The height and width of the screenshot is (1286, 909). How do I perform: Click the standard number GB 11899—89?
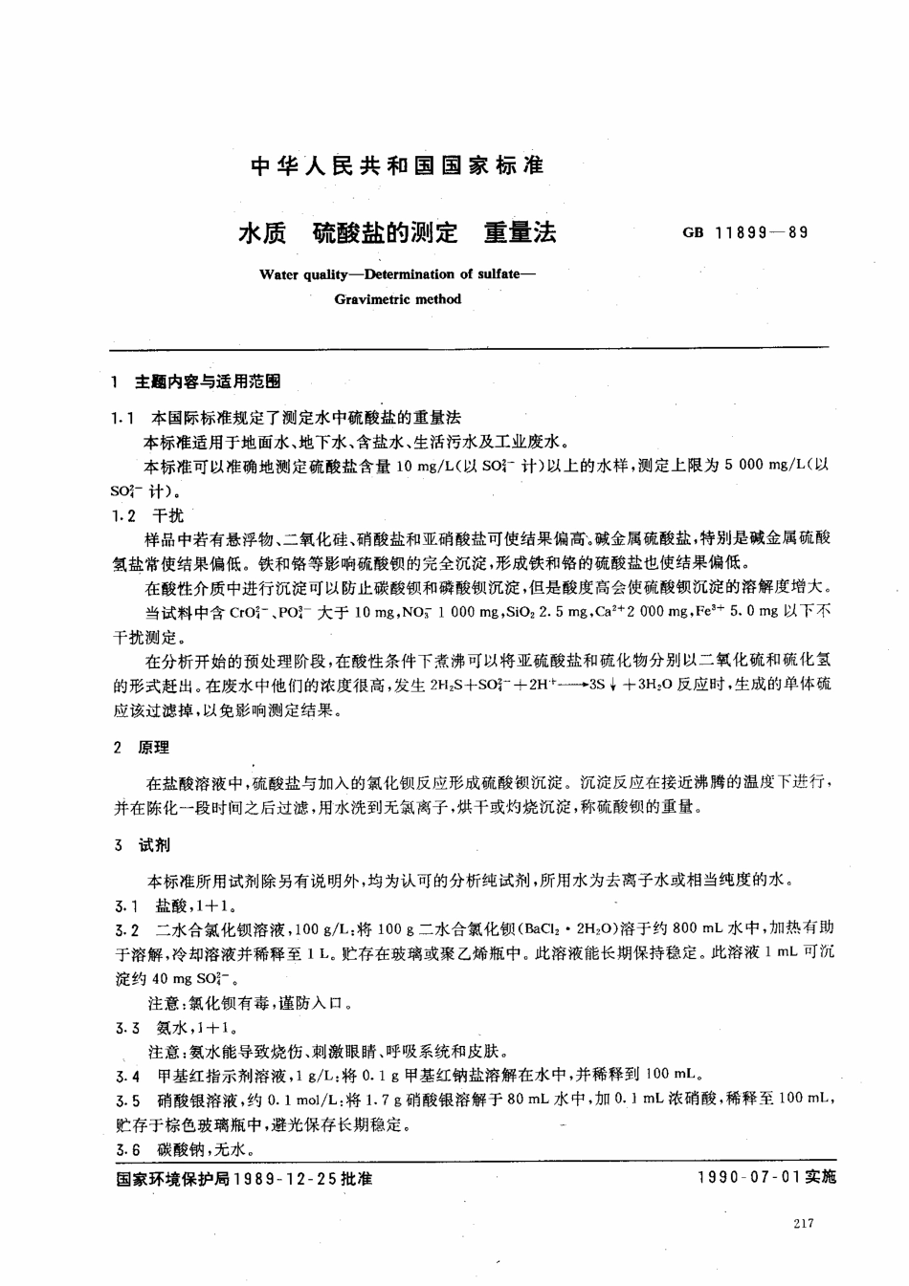[x=745, y=231]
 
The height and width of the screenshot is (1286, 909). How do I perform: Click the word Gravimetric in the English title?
[x=368, y=298]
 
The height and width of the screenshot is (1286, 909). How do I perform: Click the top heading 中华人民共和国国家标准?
[x=396, y=165]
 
